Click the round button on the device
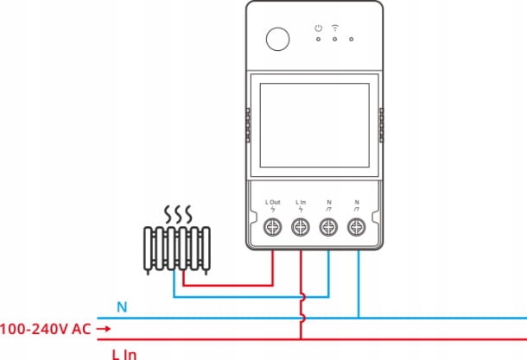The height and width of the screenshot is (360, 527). click(x=278, y=40)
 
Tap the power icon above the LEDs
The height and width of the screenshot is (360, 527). click(x=318, y=28)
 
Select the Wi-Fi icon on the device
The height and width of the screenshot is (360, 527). click(x=334, y=27)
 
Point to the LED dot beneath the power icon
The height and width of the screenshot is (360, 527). click(x=318, y=39)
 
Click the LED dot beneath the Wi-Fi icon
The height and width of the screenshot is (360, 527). click(x=334, y=39)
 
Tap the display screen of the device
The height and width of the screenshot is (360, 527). click(x=313, y=123)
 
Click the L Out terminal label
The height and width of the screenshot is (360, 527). click(x=273, y=202)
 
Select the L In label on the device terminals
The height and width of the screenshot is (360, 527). click(x=301, y=202)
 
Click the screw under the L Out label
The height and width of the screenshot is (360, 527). click(x=273, y=228)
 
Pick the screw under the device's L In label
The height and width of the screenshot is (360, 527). click(x=301, y=228)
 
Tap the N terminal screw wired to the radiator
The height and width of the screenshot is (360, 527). click(x=328, y=228)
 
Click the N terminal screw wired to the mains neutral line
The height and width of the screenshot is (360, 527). click(x=356, y=228)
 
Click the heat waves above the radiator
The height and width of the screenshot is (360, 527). click(x=178, y=214)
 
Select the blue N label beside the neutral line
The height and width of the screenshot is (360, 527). click(x=122, y=306)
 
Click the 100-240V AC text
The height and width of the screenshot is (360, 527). click(x=44, y=329)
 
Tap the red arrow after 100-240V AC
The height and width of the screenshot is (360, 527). click(x=103, y=329)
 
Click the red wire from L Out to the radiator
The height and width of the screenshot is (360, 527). click(x=233, y=282)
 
